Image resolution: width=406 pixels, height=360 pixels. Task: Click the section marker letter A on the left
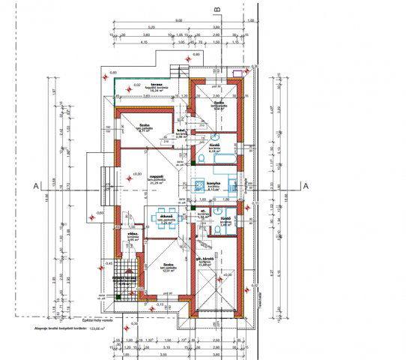pyautogui.click(x=34, y=184)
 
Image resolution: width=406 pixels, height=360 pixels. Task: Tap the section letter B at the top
pyautogui.click(x=217, y=9)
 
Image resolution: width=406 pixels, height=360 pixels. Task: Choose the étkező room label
pyautogui.click(x=166, y=216)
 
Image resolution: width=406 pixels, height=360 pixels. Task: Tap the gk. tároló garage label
pyautogui.click(x=206, y=259)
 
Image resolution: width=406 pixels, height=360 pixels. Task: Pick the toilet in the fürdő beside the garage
pyautogui.click(x=216, y=232)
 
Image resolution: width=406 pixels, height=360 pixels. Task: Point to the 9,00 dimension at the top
pyautogui.click(x=178, y=20)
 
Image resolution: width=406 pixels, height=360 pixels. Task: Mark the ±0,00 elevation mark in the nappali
pyautogui.click(x=136, y=175)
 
